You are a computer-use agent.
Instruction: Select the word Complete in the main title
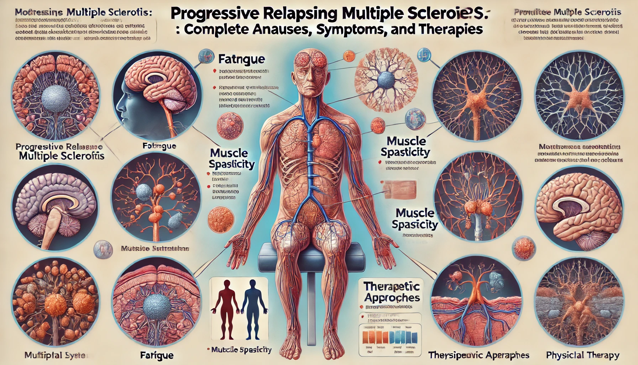point(217,29)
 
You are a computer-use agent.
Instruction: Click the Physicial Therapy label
point(582,355)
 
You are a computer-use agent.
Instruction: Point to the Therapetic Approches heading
point(392,292)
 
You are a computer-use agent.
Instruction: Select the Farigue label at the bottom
point(157,355)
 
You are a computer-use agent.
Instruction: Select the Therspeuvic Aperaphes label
point(478,355)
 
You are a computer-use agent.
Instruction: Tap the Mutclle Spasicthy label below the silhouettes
point(241,350)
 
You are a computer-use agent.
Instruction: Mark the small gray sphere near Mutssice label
point(103,249)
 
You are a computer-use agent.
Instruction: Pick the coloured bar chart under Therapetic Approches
point(390,337)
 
